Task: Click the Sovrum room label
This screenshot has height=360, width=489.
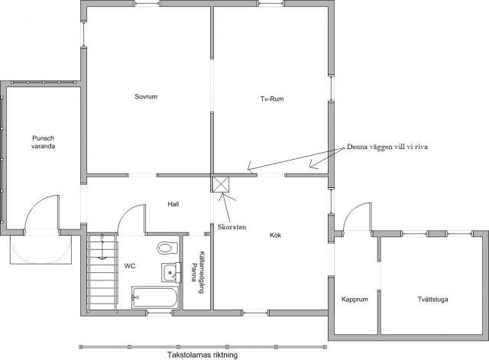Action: [x=146, y=97]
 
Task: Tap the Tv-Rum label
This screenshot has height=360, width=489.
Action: [x=272, y=99]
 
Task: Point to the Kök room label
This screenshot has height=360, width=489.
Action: [x=275, y=235]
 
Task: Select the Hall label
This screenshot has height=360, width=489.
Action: [x=173, y=204]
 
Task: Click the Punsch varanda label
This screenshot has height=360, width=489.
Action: [x=43, y=142]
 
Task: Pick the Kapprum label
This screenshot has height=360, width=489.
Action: [x=355, y=300]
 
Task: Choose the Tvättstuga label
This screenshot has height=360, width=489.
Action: [x=432, y=300]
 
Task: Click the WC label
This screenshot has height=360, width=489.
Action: [x=130, y=266]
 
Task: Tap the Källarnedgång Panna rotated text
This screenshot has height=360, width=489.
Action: [x=198, y=272]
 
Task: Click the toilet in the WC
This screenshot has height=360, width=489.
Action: [x=167, y=248]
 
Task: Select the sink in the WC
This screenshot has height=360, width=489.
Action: [x=171, y=273]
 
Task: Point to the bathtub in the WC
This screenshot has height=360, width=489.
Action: [x=155, y=297]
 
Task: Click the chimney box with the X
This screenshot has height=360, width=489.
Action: [x=220, y=185]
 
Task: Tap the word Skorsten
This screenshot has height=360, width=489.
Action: [x=232, y=227]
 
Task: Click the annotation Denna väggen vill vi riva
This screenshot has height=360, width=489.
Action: [x=387, y=147]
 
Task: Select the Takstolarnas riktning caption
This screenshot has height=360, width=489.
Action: [x=202, y=355]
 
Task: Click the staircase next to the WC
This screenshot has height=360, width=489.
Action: [x=102, y=273]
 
